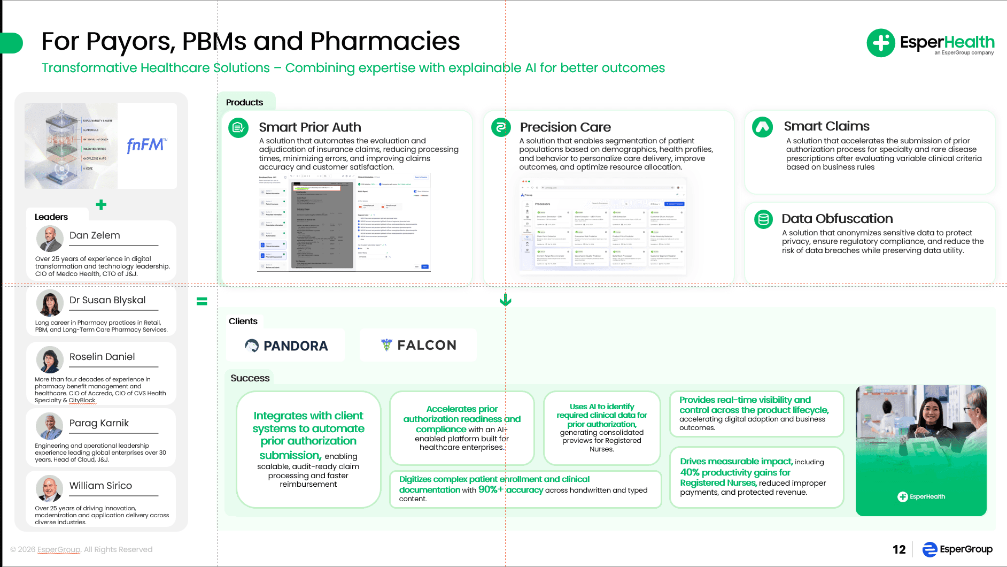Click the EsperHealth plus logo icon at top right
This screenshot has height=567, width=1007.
(x=880, y=43)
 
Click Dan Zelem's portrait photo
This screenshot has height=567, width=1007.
(x=50, y=239)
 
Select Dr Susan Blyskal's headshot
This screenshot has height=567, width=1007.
(x=50, y=303)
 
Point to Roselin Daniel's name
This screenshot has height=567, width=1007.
(x=102, y=357)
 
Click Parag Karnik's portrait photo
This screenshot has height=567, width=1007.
(x=50, y=426)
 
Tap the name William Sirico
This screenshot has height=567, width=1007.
(x=100, y=486)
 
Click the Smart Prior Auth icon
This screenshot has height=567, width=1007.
(x=238, y=128)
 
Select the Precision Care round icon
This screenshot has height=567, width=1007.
(x=501, y=127)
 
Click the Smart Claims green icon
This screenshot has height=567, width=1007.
(x=762, y=127)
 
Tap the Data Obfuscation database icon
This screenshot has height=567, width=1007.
(x=763, y=219)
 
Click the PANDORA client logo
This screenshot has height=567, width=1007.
(x=286, y=346)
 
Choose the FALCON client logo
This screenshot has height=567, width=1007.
(x=419, y=345)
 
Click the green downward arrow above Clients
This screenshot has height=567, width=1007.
(x=505, y=300)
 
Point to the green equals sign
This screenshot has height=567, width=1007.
(x=202, y=301)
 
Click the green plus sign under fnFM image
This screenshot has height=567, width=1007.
(x=101, y=205)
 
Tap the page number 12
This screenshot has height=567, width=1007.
(x=899, y=549)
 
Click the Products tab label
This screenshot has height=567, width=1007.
(x=244, y=102)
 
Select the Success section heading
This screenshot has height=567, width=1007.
(x=250, y=378)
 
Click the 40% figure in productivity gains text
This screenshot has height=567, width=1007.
(x=690, y=472)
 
